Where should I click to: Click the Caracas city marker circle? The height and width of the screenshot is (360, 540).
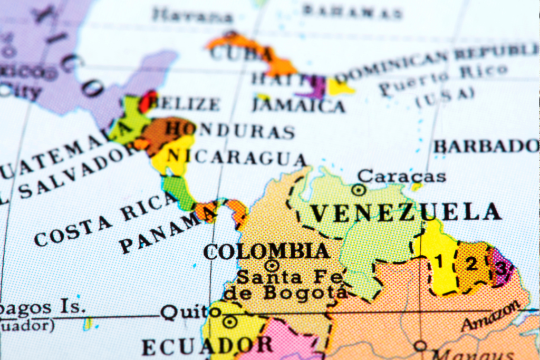click(359, 190)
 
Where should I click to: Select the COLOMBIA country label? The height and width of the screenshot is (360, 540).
click(266, 251)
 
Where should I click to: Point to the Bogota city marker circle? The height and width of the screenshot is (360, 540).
click(272, 266)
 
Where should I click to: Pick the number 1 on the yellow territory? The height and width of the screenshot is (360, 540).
click(439, 260)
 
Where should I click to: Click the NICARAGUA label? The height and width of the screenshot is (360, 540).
click(236, 157)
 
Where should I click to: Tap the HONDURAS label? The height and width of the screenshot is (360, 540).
click(229, 130)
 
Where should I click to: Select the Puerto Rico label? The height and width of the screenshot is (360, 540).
click(443, 79)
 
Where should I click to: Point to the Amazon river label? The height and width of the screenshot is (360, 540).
click(493, 316)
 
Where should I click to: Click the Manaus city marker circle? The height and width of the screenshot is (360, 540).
click(420, 346)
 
